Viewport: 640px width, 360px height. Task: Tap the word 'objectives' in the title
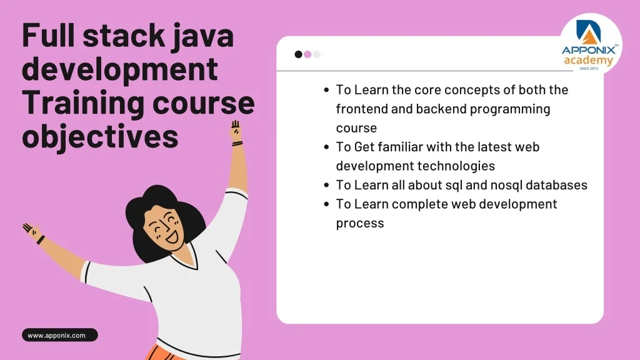click(x=100, y=137)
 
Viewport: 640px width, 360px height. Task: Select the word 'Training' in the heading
click(x=83, y=103)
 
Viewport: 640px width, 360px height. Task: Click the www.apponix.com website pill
click(x=59, y=335)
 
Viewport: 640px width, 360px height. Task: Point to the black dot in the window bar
click(x=298, y=54)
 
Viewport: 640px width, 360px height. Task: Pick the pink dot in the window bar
click(x=307, y=54)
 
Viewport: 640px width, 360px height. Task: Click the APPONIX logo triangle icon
click(x=589, y=31)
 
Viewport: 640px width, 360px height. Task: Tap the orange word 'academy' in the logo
click(x=588, y=61)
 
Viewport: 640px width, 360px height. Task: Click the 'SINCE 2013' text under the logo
click(x=589, y=69)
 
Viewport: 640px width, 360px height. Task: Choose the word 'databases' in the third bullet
click(x=556, y=185)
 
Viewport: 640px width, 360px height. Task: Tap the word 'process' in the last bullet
click(x=360, y=224)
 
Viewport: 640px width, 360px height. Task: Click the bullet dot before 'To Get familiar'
click(x=326, y=147)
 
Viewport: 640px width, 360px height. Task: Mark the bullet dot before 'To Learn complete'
click(x=326, y=204)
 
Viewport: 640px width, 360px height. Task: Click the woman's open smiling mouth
click(x=172, y=237)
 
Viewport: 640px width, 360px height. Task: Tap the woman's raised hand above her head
click(x=236, y=131)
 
